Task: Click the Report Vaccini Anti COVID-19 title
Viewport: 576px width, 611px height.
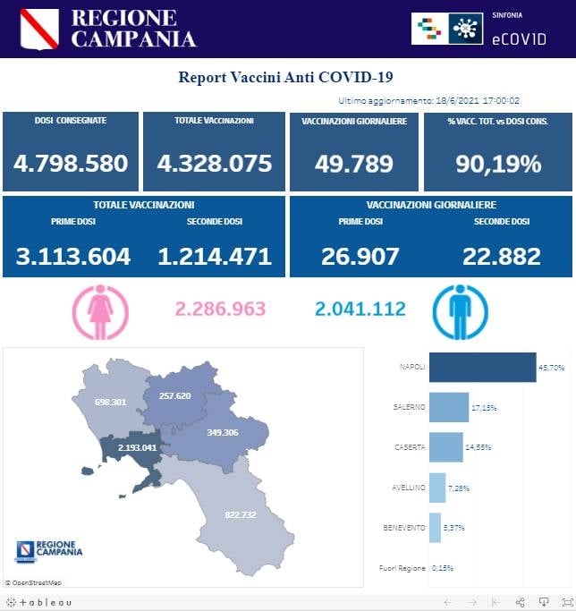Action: (x=286, y=78)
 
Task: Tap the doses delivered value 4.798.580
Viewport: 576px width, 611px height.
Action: (x=71, y=164)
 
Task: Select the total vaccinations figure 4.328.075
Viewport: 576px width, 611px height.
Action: (x=214, y=164)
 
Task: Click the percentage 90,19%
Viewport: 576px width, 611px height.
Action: (x=497, y=164)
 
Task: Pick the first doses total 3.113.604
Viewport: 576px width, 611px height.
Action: (x=73, y=257)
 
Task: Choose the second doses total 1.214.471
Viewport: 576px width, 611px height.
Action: (x=215, y=257)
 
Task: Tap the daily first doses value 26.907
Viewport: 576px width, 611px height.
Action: (x=360, y=257)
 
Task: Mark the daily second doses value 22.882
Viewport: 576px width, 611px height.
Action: (x=502, y=257)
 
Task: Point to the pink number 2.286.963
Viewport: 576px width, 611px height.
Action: (x=221, y=309)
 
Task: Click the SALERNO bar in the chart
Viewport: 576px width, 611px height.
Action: (x=449, y=407)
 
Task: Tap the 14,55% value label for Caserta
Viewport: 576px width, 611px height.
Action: (x=478, y=446)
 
